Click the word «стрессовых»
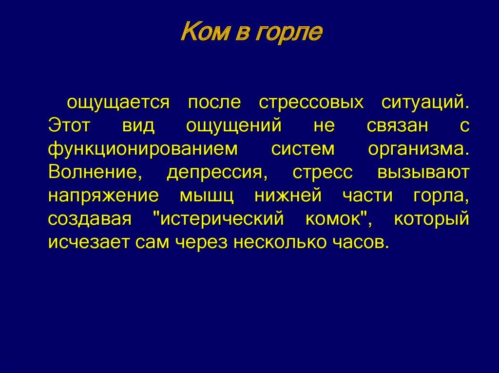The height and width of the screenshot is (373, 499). (x=311, y=103)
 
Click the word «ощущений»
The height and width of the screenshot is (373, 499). (x=234, y=126)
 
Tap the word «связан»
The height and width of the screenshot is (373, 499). (x=398, y=126)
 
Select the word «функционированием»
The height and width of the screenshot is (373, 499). (x=143, y=149)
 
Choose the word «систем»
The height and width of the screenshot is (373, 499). (x=303, y=149)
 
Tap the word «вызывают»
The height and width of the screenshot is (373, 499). (x=423, y=173)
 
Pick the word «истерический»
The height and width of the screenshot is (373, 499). (x=222, y=219)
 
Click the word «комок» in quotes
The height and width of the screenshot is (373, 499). (x=334, y=218)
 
